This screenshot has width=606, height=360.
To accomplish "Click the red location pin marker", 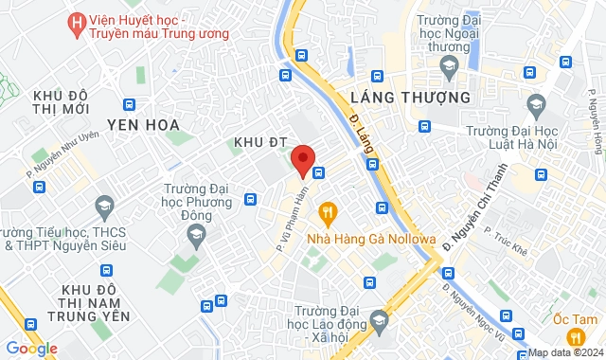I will point(303,159).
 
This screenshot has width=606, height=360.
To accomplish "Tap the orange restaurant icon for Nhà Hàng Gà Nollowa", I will point(328,213).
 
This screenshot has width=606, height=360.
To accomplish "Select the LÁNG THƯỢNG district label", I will point(410,97).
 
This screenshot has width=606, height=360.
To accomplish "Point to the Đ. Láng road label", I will point(361,129).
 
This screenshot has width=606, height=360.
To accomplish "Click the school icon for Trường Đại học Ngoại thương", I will point(449,64).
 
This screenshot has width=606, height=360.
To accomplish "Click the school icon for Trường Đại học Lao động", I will point(380,319).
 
